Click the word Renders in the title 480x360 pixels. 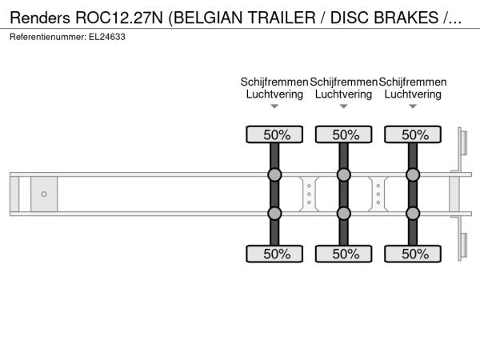[x=40, y=18]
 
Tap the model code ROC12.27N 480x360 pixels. [x=119, y=18]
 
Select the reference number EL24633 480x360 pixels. [x=107, y=37]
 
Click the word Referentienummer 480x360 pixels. [x=48, y=37]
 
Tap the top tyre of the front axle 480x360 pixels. [x=274, y=134]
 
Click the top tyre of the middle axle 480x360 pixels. [x=344, y=134]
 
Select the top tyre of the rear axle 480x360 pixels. [x=413, y=134]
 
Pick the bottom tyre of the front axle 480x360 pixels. [x=274, y=254]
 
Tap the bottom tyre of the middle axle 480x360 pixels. [x=344, y=254]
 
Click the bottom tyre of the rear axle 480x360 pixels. [x=413, y=254]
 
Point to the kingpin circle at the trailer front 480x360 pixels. [x=44, y=194]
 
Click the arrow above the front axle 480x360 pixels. [x=274, y=106]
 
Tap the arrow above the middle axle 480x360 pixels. [x=344, y=106]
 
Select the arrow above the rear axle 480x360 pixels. [x=413, y=106]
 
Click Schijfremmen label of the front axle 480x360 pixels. [x=274, y=82]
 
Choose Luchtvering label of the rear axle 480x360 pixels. [x=413, y=94]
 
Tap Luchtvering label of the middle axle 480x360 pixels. [x=344, y=94]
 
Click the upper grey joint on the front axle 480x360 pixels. [x=274, y=174]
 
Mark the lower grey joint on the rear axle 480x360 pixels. [x=413, y=214]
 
